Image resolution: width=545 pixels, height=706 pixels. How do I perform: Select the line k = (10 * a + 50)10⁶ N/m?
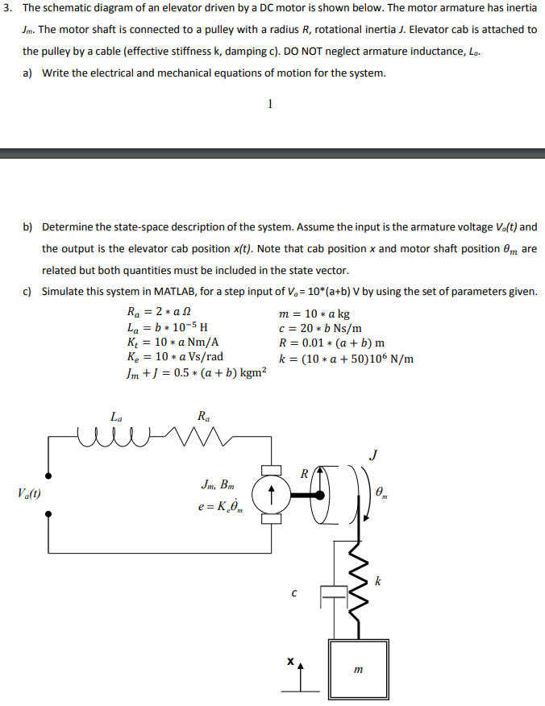click(x=345, y=358)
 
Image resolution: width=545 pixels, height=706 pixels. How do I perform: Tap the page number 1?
click(x=270, y=103)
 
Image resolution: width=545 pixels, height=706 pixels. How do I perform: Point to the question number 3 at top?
click(x=8, y=8)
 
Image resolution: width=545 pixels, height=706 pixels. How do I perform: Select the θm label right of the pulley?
click(x=382, y=492)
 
